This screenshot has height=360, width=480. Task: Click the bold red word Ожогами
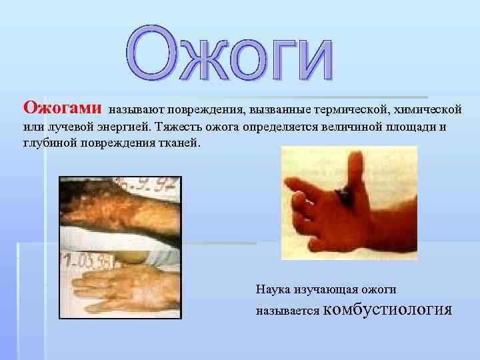[63, 107]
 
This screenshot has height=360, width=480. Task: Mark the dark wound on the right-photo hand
[344, 193]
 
